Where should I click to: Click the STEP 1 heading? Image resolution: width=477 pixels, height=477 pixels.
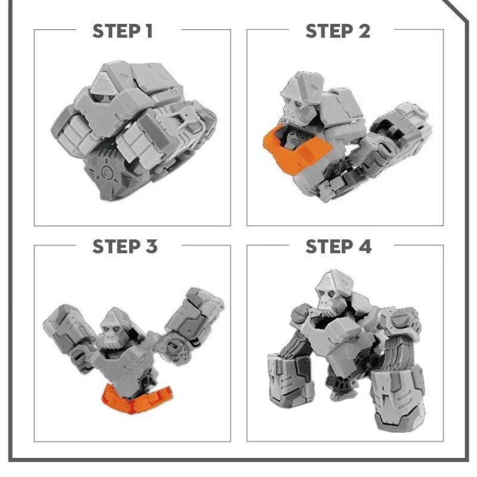[x=122, y=31]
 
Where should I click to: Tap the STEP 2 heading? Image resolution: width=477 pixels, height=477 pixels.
[x=337, y=31]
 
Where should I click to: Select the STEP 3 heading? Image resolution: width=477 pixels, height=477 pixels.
[x=125, y=246]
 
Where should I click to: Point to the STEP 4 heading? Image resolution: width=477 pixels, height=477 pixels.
[x=338, y=246]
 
